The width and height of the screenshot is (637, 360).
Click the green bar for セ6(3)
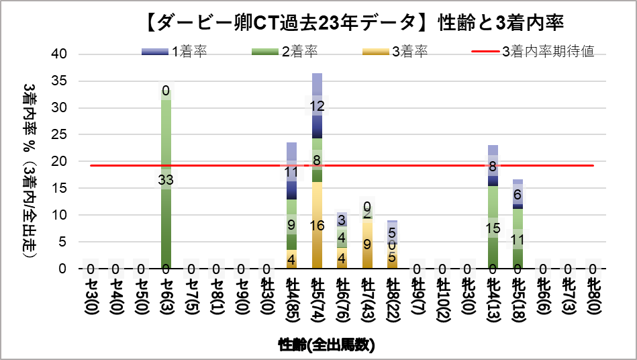point(166,201)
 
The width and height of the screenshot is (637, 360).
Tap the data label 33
point(166,179)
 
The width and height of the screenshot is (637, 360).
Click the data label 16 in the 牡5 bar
point(317,226)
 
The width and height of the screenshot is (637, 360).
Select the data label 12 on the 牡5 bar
point(317,106)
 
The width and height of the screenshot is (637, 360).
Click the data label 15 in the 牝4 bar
point(493,228)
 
